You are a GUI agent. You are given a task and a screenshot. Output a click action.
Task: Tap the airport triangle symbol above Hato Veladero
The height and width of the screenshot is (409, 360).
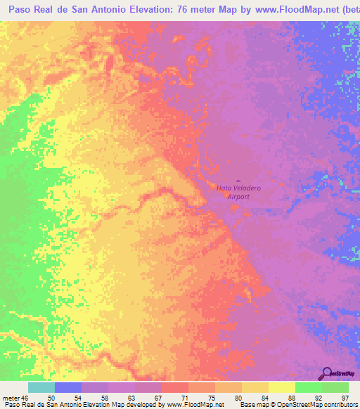pyautogui.click(x=237, y=182)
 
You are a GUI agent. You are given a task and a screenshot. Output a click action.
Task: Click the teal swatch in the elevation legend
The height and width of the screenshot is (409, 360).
pyautogui.click(x=41, y=387)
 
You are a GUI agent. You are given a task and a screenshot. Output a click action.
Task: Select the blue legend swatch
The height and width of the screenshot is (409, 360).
pyautogui.click(x=68, y=387)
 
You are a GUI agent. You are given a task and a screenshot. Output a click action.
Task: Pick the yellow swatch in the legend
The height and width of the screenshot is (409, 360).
pyautogui.click(x=282, y=387)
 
